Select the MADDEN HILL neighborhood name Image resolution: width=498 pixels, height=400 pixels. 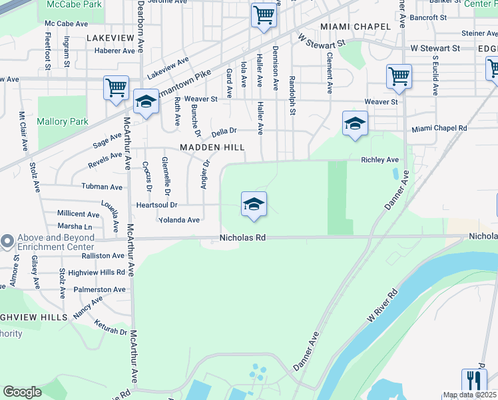212,147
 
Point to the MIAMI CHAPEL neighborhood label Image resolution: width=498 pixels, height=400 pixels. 355,26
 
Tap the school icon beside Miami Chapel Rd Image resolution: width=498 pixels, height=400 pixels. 355,124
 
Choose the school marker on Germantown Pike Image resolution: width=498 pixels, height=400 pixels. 145,102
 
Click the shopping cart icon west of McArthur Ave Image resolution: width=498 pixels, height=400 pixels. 116,87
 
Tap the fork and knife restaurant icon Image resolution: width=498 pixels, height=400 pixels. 474,381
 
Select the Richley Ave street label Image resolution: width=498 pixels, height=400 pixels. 379,160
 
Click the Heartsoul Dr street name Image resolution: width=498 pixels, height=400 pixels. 157,205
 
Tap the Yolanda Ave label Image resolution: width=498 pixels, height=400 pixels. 178,220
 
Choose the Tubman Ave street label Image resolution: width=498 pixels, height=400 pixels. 102,187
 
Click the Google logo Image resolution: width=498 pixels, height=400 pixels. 22,391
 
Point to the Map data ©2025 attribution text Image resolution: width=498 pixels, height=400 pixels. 469,395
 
